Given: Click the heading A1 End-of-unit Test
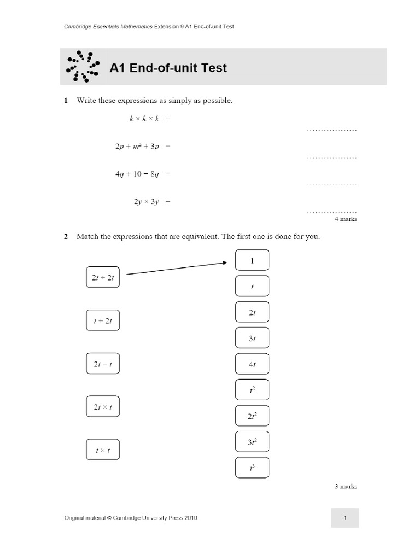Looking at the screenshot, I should [x=168, y=68].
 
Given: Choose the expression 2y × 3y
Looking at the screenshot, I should [x=146, y=201].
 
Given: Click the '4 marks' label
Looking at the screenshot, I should [x=346, y=219].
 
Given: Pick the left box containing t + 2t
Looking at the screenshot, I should [x=103, y=320].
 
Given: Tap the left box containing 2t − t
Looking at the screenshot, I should [x=103, y=364].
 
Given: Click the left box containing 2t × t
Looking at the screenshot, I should [x=103, y=407].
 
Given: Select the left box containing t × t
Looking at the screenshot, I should [x=103, y=450].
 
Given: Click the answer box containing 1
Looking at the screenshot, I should [x=252, y=260].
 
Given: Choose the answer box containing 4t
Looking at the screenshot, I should [x=252, y=364].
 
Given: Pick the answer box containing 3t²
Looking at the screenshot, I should [x=252, y=442].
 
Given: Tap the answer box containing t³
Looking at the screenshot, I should [x=252, y=468].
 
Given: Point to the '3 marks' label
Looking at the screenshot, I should [x=346, y=486].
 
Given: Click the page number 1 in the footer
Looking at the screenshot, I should [x=345, y=517].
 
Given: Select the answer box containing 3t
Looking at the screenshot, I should [x=252, y=339].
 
